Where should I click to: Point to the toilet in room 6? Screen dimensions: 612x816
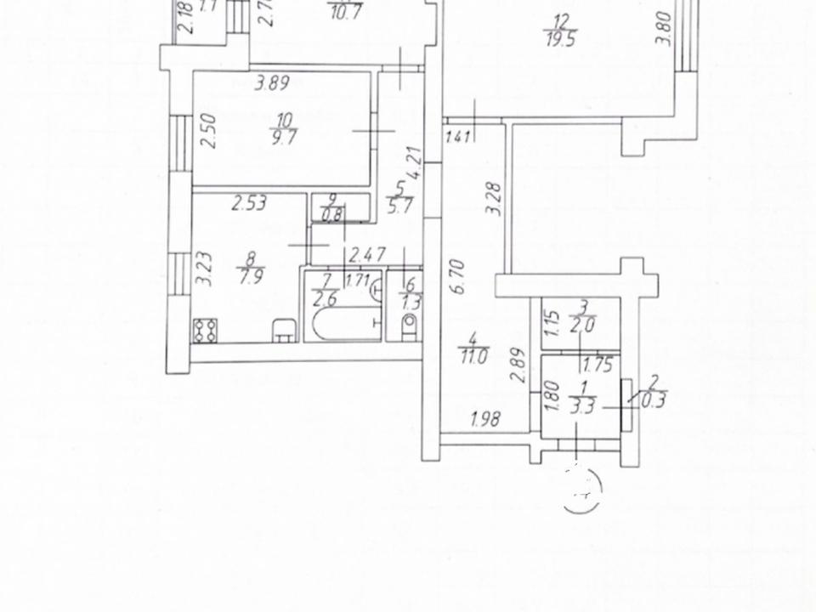click(x=408, y=324)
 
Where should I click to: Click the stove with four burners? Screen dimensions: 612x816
click(x=205, y=329)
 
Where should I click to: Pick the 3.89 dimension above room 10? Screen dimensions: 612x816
click(x=272, y=83)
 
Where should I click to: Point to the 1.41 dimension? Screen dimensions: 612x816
click(x=457, y=134)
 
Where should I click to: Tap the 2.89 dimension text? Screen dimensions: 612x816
click(x=517, y=370)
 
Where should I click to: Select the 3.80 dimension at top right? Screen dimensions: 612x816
click(x=666, y=27)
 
